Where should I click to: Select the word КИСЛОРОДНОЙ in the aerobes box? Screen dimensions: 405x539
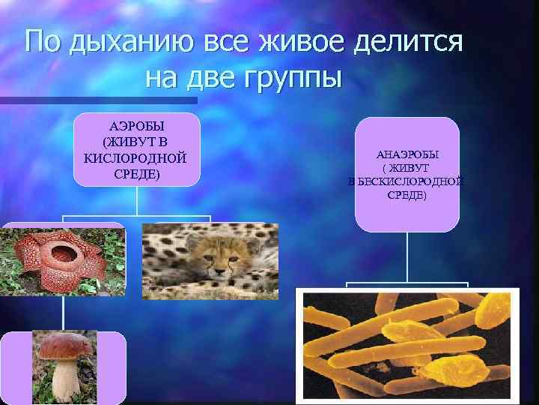point(136,158)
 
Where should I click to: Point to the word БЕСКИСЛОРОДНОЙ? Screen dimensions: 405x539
point(411,181)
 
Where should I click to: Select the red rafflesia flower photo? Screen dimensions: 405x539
point(63,261)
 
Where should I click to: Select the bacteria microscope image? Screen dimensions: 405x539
point(407,345)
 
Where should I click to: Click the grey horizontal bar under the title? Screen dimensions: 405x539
point(97,100)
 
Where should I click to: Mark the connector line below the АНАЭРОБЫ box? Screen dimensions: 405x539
point(407,259)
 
